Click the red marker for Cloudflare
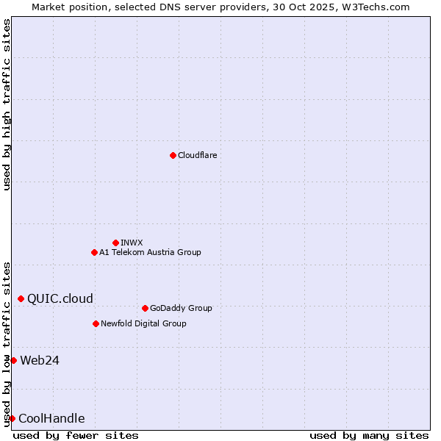click(x=173, y=155)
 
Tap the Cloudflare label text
click(x=197, y=155)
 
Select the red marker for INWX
click(x=115, y=243)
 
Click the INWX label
click(x=132, y=243)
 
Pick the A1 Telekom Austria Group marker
click(x=94, y=252)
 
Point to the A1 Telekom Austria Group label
click(x=150, y=252)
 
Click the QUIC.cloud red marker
click(x=21, y=298)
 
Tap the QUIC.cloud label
click(x=60, y=298)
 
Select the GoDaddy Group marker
click(x=145, y=308)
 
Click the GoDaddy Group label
click(x=180, y=308)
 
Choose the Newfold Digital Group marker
click(x=96, y=323)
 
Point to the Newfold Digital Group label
click(x=143, y=323)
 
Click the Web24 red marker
click(x=13, y=360)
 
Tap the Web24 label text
click(x=40, y=360)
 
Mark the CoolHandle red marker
click(x=12, y=418)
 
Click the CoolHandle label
click(x=51, y=419)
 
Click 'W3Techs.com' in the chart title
click(x=379, y=7)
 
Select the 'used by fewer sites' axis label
click(x=76, y=435)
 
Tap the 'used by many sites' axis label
click(x=369, y=435)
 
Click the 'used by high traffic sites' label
click(x=7, y=104)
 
